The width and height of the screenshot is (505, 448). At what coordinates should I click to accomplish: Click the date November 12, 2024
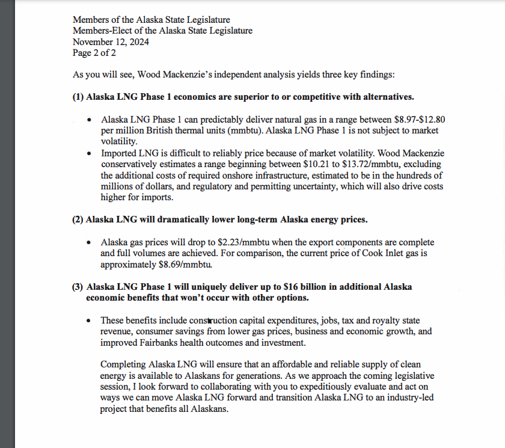[111, 42]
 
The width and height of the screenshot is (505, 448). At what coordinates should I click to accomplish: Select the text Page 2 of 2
[94, 53]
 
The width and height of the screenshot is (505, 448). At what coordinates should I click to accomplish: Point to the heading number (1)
[78, 97]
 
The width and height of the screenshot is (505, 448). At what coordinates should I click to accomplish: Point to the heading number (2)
[78, 219]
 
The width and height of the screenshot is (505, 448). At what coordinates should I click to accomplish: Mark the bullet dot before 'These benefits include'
[89, 321]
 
